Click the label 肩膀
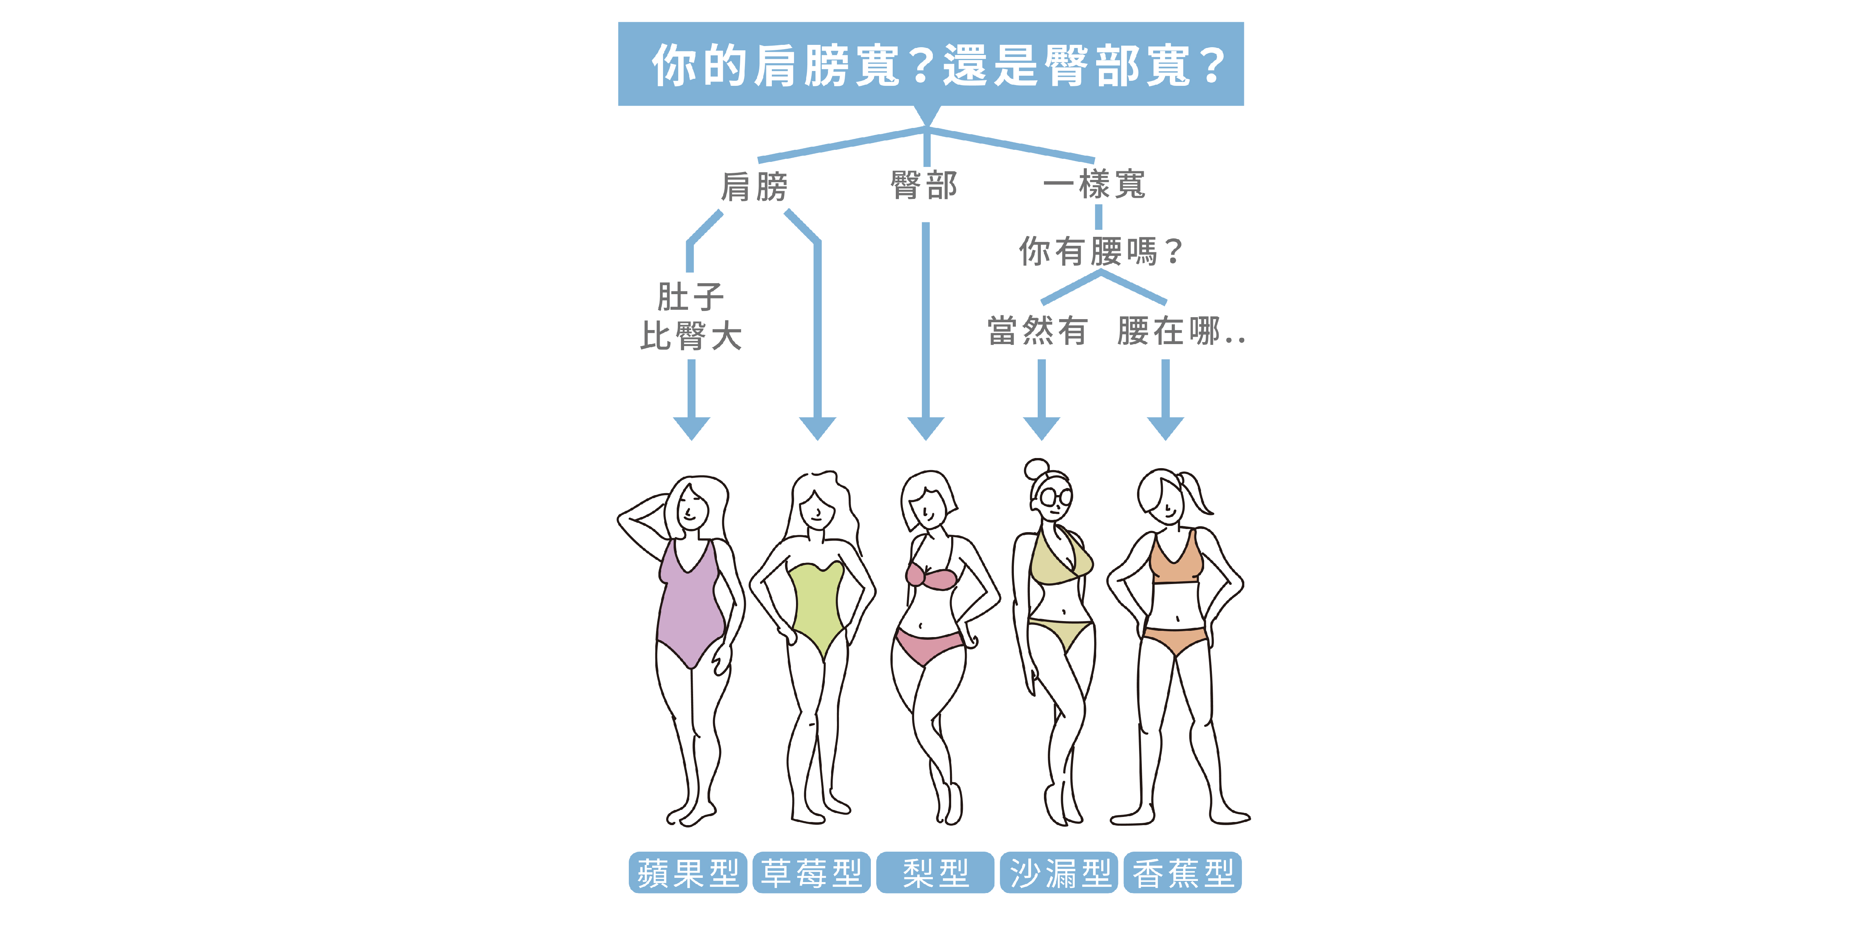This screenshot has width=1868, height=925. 754,186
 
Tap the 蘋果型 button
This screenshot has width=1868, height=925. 688,872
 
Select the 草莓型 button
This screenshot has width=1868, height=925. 812,872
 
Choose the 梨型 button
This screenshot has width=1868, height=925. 936,872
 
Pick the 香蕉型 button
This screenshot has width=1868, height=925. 1183,872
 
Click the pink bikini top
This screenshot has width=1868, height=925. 932,577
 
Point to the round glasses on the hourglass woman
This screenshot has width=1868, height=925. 1055,498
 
